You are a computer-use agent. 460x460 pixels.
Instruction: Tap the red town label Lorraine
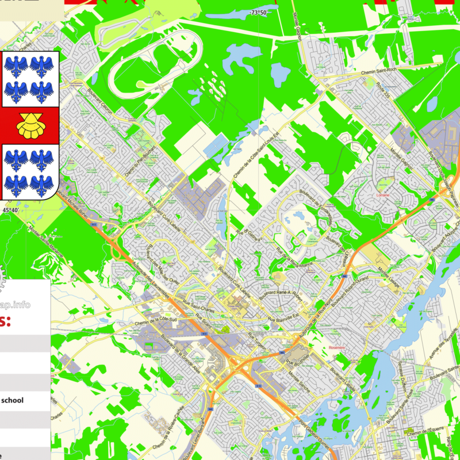tap(383, 195)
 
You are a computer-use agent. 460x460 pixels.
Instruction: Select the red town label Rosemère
tap(336, 347)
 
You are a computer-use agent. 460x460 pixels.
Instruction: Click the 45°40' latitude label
tap(10, 211)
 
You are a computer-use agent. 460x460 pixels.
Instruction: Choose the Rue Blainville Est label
tap(282, 318)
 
